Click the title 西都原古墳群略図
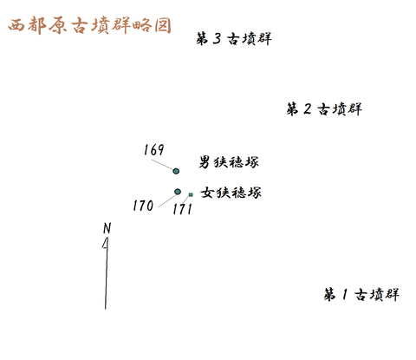point(89,25)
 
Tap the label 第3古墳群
point(234,39)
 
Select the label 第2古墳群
point(324,109)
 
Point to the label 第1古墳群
point(361,295)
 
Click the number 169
point(153,150)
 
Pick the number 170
point(143,206)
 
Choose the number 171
point(182,209)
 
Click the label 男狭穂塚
point(229,162)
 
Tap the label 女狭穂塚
point(231,193)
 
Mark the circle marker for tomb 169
point(176,171)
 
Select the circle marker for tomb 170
point(178,192)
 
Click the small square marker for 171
point(191,195)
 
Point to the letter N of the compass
point(107,228)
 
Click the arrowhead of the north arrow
point(106,243)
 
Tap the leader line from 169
point(162,165)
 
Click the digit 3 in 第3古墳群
point(217,39)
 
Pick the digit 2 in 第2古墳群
point(308,109)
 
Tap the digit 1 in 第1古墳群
point(344,295)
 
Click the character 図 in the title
point(163,25)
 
